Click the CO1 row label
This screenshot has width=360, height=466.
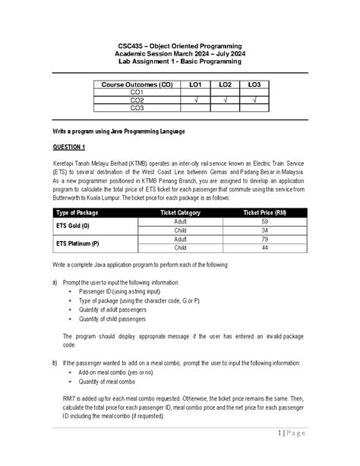coord(137,92)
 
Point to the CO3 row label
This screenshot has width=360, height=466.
coord(137,108)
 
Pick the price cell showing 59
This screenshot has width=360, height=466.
coord(265,221)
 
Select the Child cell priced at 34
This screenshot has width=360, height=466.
coord(179,230)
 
